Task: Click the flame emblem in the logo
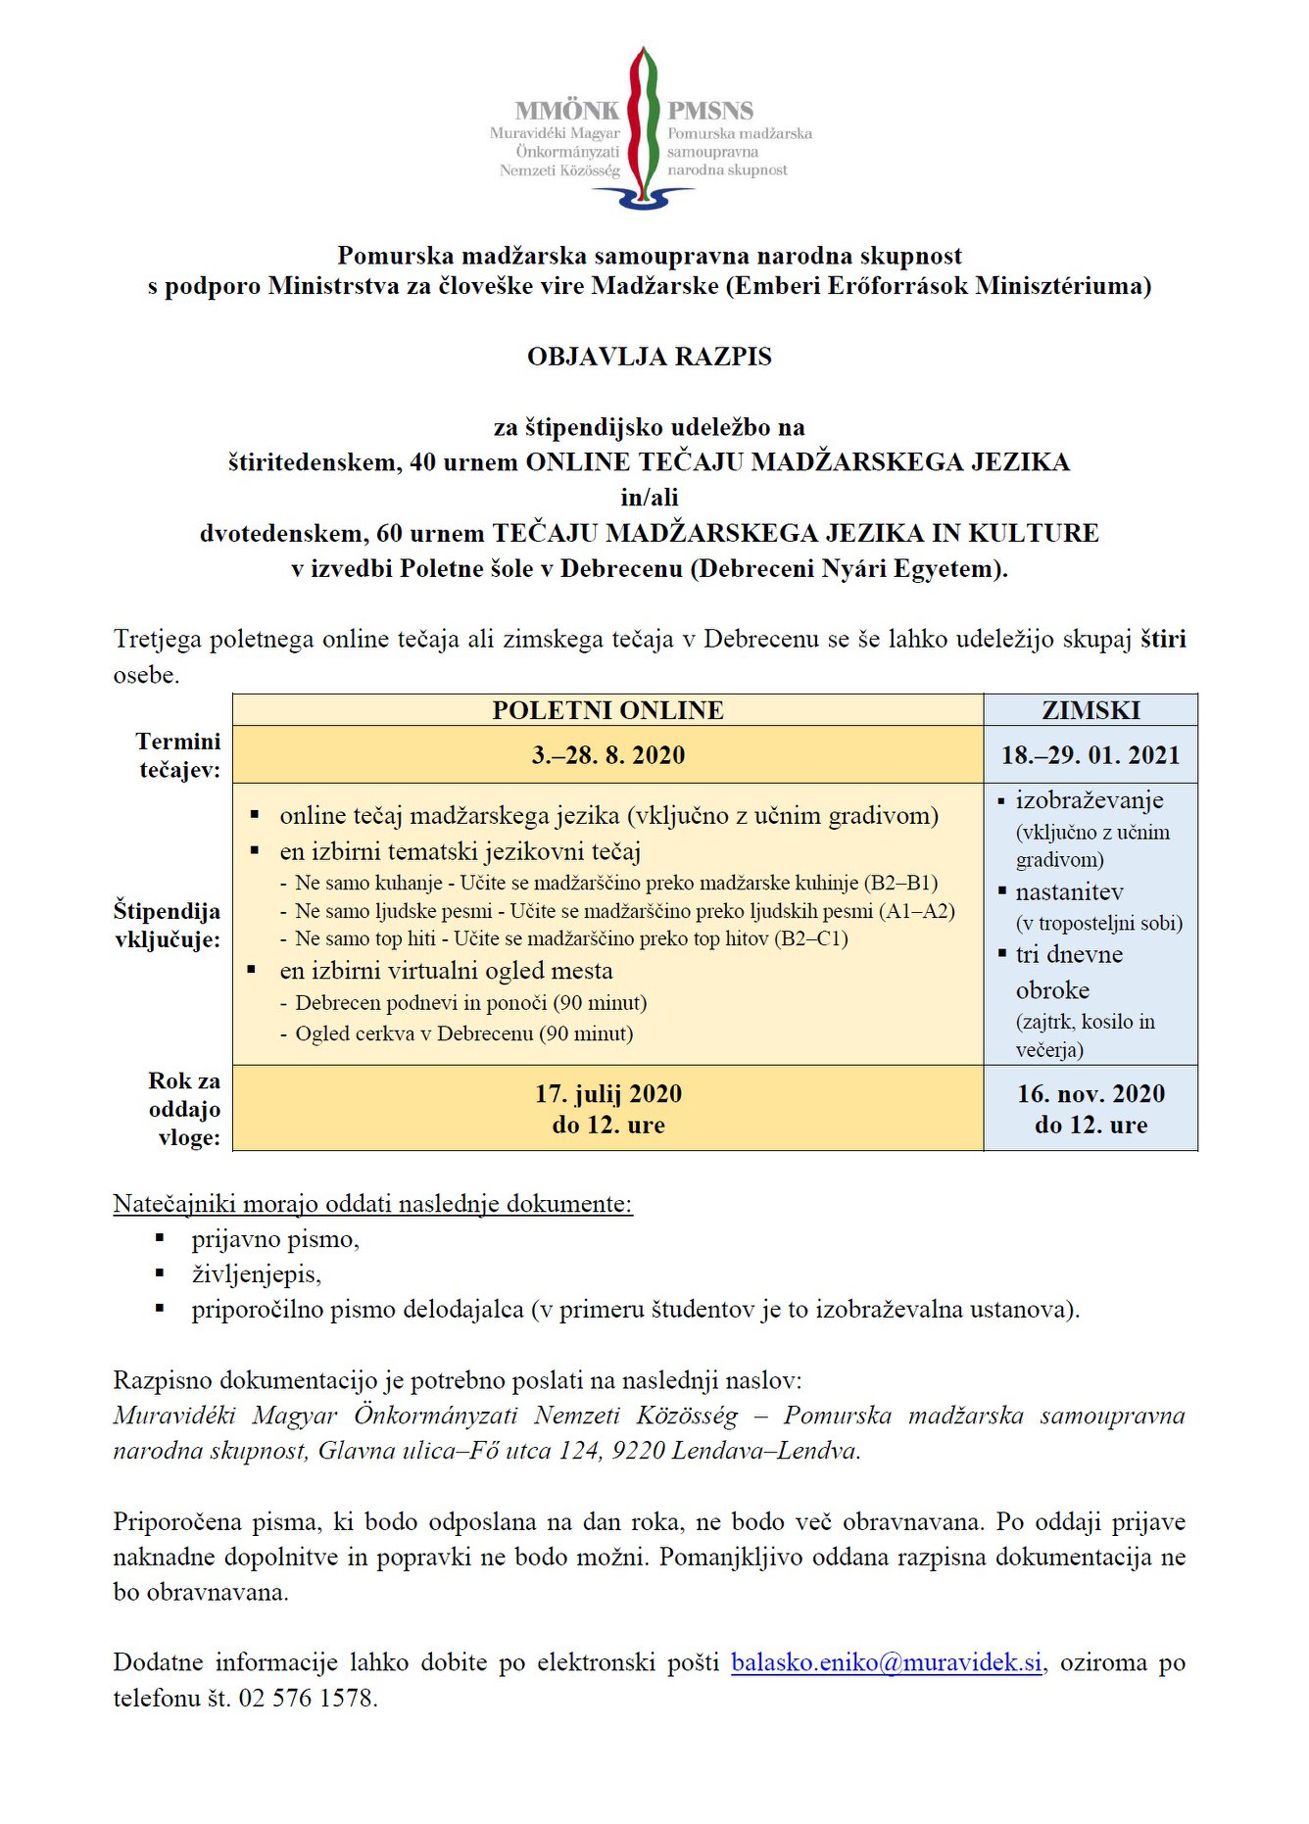point(643,122)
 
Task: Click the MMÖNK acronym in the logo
point(567,111)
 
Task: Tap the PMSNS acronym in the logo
point(710,111)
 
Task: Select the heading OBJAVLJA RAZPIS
point(650,357)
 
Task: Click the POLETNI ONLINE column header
point(607,710)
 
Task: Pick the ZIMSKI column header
point(1091,710)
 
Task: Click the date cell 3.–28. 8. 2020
point(607,755)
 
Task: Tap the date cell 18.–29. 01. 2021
point(1091,755)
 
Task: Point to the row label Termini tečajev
point(179,755)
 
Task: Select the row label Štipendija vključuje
point(168,925)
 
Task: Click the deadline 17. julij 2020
point(607,1094)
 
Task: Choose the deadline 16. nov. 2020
point(1091,1094)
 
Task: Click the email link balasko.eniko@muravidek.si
point(886,1662)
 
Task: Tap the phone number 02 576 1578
point(307,1698)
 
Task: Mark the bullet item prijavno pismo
point(275,1239)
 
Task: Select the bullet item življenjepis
point(256,1274)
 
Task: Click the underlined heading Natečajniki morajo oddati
point(372,1204)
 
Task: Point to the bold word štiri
point(1163,640)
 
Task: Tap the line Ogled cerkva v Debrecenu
point(463,1033)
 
